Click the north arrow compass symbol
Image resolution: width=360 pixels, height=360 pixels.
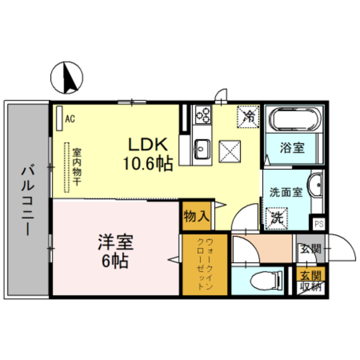tap(67, 78)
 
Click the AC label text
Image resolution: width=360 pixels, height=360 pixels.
tap(70, 119)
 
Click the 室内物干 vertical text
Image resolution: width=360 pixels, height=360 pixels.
tap(77, 167)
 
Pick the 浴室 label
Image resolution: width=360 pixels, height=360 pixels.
tap(292, 148)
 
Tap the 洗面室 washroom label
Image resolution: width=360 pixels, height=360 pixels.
tap(285, 191)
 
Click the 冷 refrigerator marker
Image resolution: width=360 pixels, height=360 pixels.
tap(248, 116)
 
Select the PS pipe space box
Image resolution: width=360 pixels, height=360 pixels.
tap(318, 223)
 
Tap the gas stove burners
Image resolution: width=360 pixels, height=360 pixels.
tap(201, 116)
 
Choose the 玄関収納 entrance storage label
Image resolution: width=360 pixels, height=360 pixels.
tap(309, 281)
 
